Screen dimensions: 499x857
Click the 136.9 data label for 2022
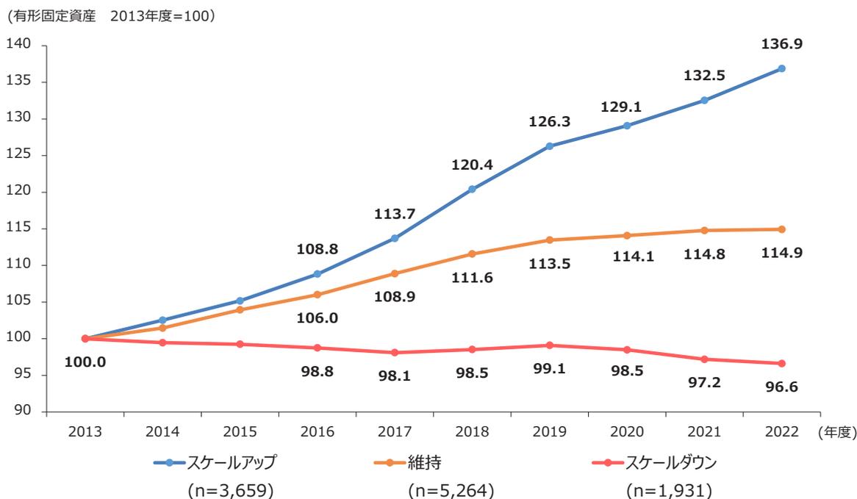781,45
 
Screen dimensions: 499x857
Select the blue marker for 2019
550,146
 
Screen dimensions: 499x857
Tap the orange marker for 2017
395,273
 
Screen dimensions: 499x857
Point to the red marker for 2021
704,359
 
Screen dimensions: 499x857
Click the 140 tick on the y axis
21,46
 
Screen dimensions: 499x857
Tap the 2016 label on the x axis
317,431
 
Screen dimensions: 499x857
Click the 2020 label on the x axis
627,431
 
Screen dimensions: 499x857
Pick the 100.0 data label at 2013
85,363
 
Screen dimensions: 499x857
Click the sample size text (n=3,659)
232,488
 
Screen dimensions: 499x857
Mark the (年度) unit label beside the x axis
836,432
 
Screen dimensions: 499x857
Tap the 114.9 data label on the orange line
781,252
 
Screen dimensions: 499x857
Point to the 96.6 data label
781,387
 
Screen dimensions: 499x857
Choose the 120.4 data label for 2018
472,166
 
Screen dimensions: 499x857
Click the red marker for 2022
781,364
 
